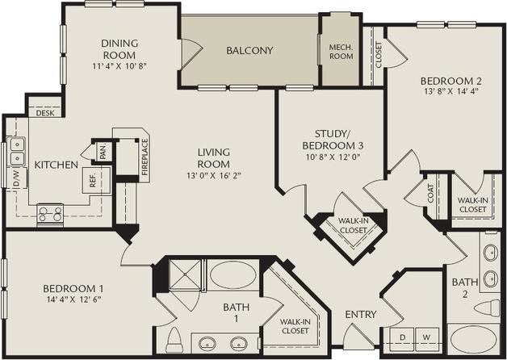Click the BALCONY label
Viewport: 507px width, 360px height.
pyautogui.click(x=249, y=50)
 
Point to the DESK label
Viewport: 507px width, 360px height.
pyautogui.click(x=45, y=113)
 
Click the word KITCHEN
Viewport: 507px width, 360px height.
pyautogui.click(x=56, y=165)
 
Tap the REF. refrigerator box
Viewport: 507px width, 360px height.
pyautogui.click(x=94, y=180)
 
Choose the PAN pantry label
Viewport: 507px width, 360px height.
pyautogui.click(x=103, y=151)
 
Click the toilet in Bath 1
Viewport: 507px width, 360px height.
pyautogui.click(x=174, y=340)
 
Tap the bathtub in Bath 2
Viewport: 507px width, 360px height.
pyautogui.click(x=475, y=341)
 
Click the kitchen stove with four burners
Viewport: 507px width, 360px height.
pyautogui.click(x=51, y=214)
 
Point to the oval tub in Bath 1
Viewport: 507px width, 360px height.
pyautogui.click(x=233, y=276)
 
